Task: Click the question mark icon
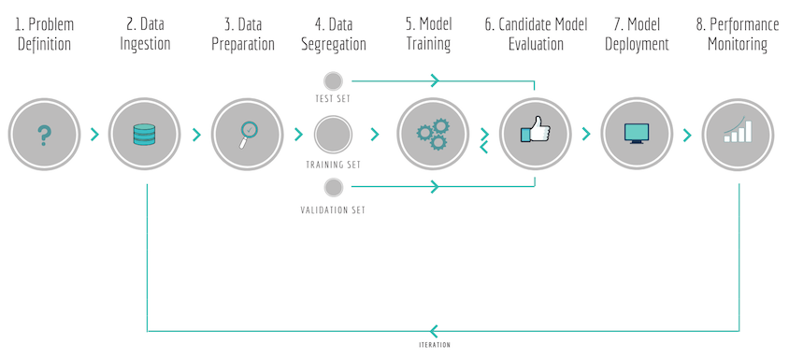[43, 136]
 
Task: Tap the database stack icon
[144, 136]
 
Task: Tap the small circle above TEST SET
[333, 81]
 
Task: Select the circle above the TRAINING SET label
[332, 135]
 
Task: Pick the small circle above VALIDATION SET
[333, 189]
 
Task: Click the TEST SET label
[333, 98]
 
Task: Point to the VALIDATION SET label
[333, 209]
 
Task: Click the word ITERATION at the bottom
[435, 344]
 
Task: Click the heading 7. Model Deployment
[636, 33]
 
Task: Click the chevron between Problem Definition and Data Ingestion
[94, 135]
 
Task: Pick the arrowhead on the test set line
[435, 81]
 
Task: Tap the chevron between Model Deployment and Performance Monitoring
[687, 135]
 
